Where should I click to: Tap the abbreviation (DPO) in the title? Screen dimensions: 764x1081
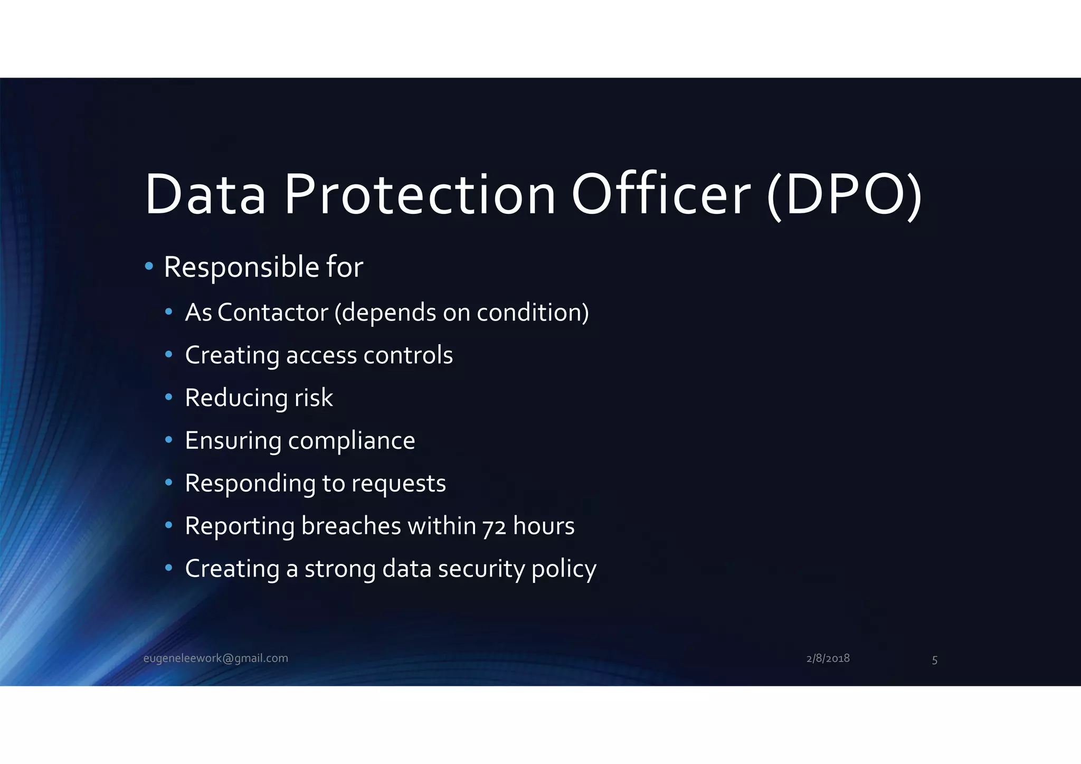[844, 195]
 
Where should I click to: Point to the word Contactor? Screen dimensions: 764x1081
[273, 313]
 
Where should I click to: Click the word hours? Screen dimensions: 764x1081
[544, 526]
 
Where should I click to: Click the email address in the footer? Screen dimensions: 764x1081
[216, 658]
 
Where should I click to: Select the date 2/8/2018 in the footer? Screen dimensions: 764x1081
[828, 658]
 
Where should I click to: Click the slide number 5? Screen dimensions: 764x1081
[934, 660]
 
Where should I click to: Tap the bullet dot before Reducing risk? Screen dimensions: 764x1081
[168, 397]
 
